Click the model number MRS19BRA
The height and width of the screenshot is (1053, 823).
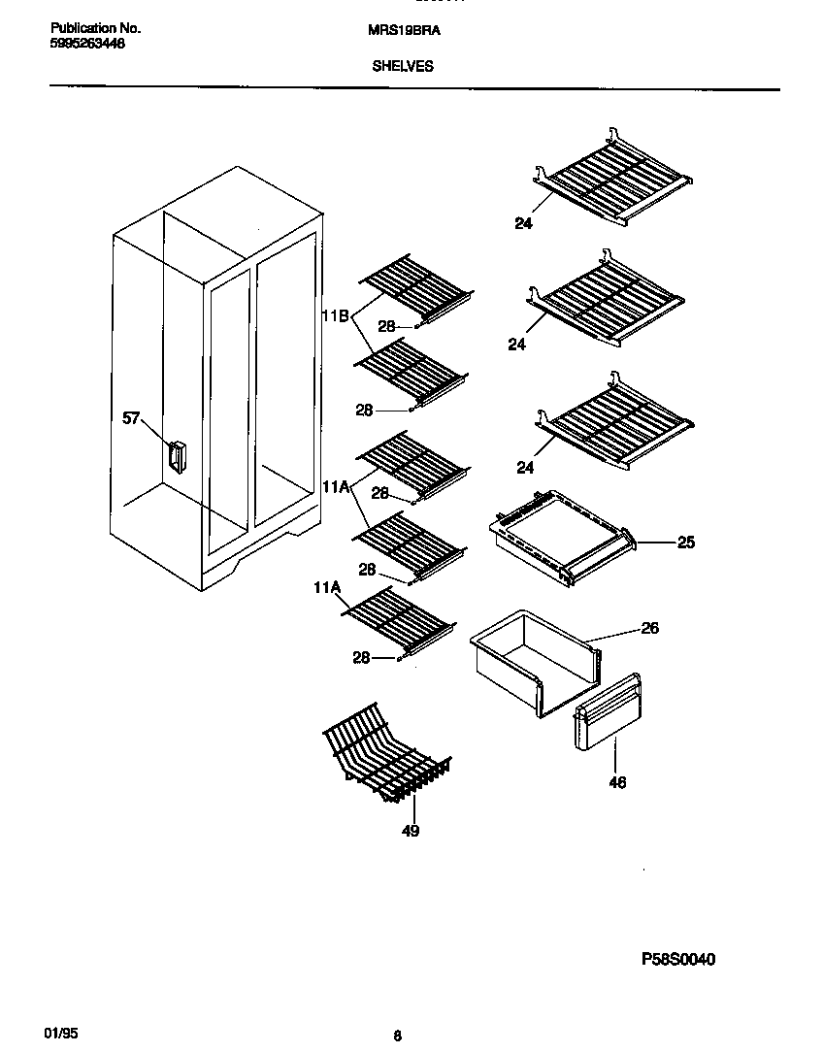tap(405, 30)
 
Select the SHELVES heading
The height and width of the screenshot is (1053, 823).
tap(403, 67)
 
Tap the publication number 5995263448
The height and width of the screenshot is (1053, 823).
tap(87, 44)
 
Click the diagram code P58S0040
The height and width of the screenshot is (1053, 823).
tap(678, 960)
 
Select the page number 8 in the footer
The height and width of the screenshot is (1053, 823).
tap(398, 1036)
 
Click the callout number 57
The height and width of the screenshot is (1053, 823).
tap(131, 418)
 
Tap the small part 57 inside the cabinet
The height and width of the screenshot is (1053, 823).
tap(176, 456)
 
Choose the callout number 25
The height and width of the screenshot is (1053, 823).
tap(685, 543)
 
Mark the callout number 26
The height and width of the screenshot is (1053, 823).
tap(649, 628)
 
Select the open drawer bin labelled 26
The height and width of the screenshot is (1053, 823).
tap(534, 660)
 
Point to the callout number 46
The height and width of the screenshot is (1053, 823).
tap(617, 782)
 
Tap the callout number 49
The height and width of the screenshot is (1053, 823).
tap(411, 831)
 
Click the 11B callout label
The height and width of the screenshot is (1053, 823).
tap(335, 315)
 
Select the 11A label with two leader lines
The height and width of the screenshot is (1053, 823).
tap(335, 486)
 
